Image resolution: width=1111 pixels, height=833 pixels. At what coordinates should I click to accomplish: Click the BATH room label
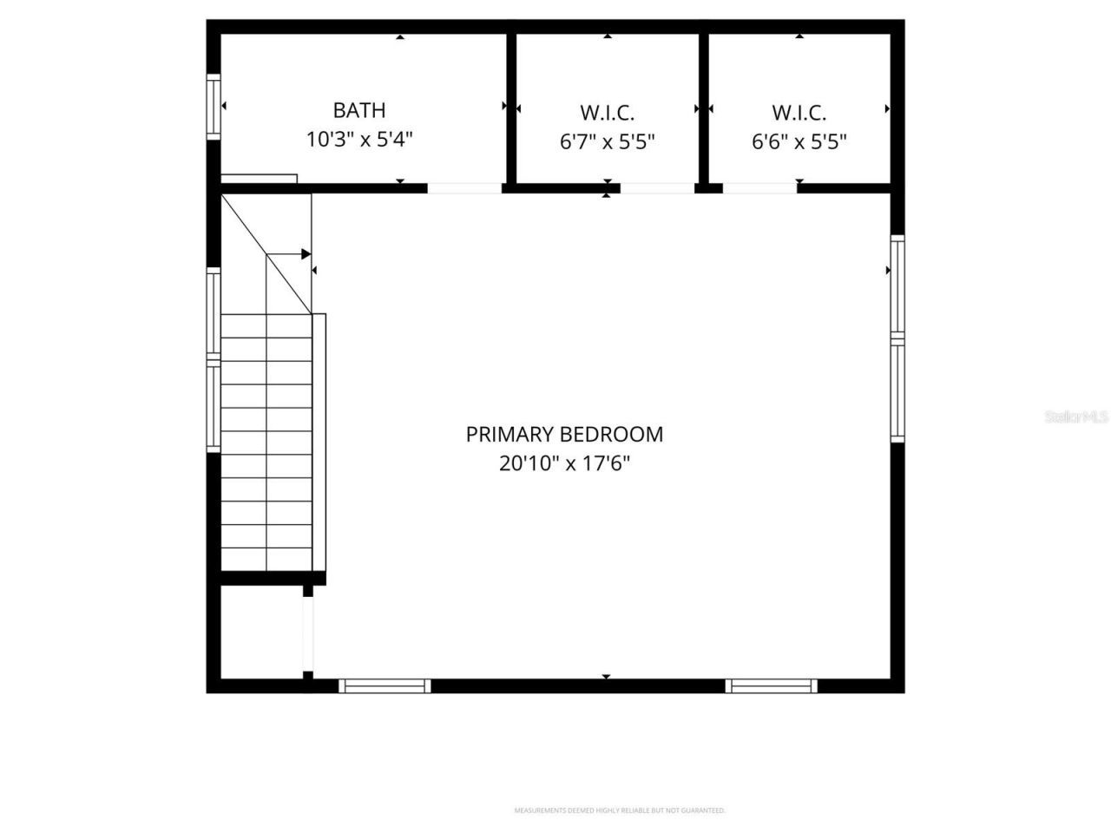tap(359, 110)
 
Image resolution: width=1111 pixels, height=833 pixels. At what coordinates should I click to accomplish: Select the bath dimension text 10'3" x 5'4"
tap(359, 139)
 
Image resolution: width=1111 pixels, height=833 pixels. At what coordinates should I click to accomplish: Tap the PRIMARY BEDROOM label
tap(564, 434)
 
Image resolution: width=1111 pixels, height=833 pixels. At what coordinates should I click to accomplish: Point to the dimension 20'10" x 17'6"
tap(564, 463)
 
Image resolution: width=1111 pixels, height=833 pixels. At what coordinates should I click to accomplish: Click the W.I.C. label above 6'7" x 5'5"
tap(608, 113)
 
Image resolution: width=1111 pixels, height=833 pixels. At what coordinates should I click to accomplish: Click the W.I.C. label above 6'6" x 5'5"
tap(799, 113)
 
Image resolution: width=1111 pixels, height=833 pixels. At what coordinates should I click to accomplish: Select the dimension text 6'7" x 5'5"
tap(608, 141)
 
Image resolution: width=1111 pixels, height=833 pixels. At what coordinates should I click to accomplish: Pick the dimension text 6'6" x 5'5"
tap(799, 141)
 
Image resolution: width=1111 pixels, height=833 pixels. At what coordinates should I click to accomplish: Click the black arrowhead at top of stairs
tap(306, 254)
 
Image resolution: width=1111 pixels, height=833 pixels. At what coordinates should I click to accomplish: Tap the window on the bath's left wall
tap(213, 107)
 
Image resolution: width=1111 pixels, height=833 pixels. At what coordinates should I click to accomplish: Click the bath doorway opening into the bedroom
tap(464, 187)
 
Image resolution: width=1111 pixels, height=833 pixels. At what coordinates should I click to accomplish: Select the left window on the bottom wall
tap(385, 685)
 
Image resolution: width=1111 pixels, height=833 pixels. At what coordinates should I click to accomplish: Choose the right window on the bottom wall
tap(772, 685)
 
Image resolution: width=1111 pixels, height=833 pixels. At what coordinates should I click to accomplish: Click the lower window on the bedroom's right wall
tap(897, 392)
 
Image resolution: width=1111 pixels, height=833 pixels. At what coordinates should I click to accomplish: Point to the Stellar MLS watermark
tap(1076, 417)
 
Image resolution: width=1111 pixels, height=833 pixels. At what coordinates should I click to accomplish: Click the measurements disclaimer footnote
tap(620, 810)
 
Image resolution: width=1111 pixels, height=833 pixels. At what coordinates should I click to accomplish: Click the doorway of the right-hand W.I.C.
tap(760, 187)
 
